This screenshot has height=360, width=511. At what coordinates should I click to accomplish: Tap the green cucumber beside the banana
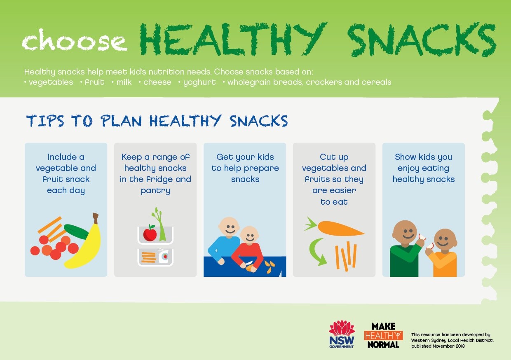point(76,231)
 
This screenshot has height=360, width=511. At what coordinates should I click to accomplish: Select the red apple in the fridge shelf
point(150,234)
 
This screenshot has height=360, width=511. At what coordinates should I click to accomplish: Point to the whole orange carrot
point(334,228)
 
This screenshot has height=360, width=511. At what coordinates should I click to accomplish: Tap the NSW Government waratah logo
point(342,334)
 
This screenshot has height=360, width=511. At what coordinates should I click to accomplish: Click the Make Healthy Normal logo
point(383,335)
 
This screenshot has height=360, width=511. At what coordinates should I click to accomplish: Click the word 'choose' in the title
point(74,40)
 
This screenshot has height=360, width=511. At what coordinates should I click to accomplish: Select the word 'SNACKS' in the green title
point(422,40)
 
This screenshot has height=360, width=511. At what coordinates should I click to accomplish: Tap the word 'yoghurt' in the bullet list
point(199,82)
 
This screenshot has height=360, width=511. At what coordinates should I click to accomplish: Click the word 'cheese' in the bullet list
point(157,82)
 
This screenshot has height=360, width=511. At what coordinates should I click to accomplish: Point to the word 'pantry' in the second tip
point(155,191)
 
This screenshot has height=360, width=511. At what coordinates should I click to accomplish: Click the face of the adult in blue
point(229,227)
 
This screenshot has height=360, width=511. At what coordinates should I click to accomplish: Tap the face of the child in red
point(249,235)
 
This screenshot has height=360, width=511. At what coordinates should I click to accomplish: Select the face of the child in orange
point(445,240)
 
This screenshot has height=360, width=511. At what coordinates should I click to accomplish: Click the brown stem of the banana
point(96,218)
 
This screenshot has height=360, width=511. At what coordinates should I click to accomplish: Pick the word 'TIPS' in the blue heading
point(45,121)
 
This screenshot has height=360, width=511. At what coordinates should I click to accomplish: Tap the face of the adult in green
point(405,233)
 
